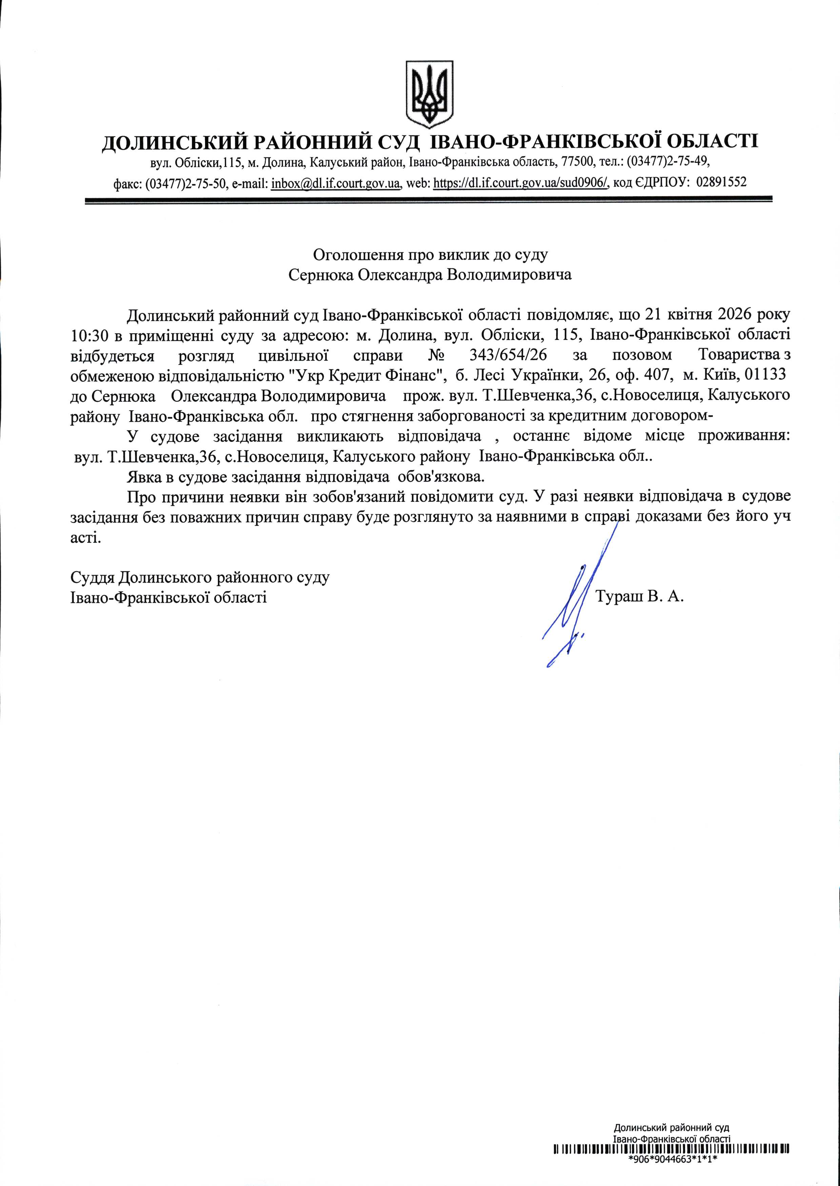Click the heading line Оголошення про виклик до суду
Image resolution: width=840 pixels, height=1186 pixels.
431,255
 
